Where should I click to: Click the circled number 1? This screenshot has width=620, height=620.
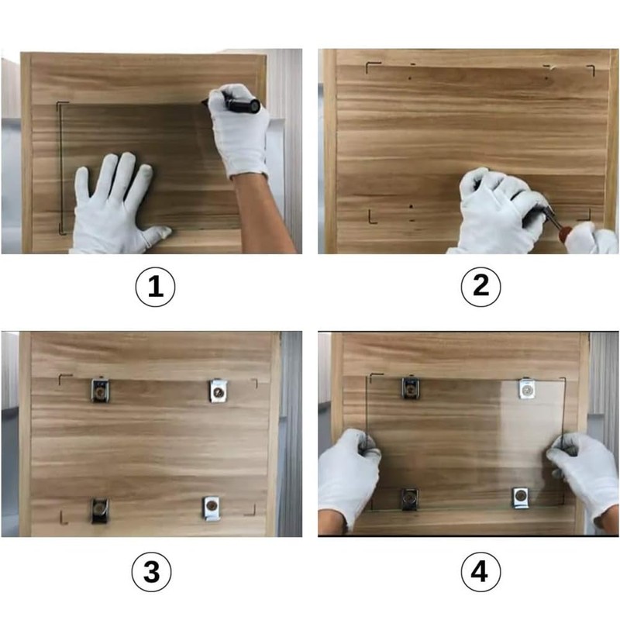point(155,287)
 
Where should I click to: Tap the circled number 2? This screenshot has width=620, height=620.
point(480,286)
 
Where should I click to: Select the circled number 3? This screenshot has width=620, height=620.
point(151,572)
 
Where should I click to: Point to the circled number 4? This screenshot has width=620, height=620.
point(480,572)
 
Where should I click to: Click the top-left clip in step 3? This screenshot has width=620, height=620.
point(101,390)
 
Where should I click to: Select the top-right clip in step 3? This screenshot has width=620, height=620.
point(218,391)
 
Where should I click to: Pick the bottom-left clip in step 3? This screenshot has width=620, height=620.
point(100,511)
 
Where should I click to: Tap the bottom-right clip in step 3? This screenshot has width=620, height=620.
point(212,508)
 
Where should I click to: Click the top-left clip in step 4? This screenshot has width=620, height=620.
point(412,388)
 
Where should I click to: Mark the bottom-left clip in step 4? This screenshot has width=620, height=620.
point(410,499)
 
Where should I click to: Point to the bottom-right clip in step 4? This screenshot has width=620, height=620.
point(521,498)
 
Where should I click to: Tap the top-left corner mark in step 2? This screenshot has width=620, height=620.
point(373,67)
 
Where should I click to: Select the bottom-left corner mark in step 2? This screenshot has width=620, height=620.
point(372,218)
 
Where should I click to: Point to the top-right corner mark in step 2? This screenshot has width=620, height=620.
point(592,70)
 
